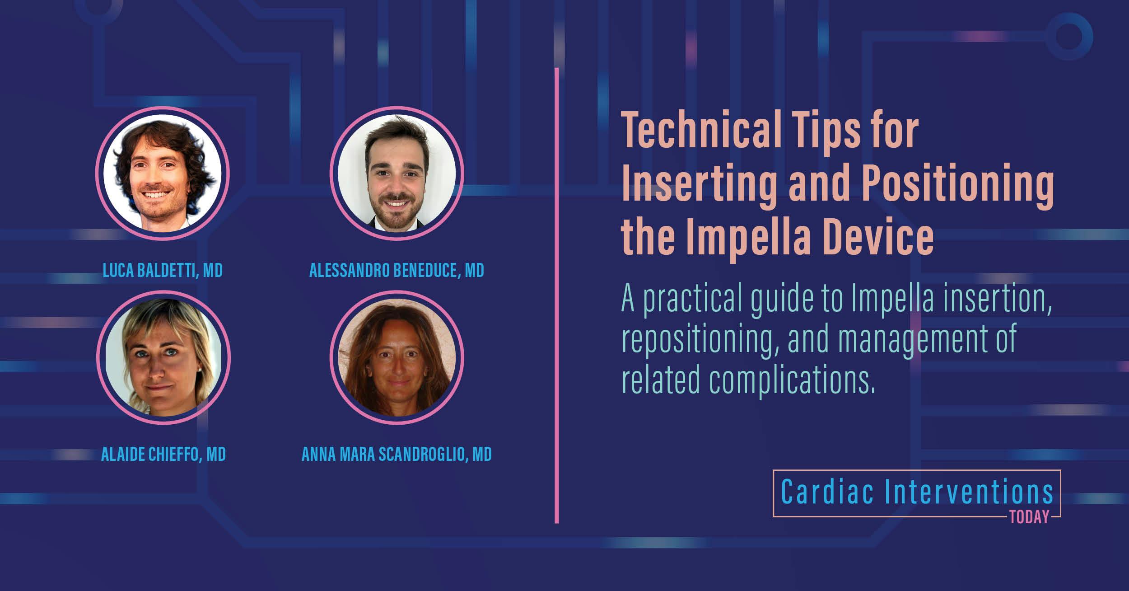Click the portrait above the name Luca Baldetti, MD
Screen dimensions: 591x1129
162,174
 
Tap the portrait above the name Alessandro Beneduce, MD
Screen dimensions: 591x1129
397,174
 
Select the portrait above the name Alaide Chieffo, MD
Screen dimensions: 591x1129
163,357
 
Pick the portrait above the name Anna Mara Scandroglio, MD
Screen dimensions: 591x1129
397,357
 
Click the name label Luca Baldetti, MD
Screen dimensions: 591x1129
163,270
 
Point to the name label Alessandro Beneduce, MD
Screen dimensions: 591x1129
397,270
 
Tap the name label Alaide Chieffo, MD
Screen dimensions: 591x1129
163,455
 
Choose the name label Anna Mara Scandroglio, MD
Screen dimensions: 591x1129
397,455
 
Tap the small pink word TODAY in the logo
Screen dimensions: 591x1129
1029,517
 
